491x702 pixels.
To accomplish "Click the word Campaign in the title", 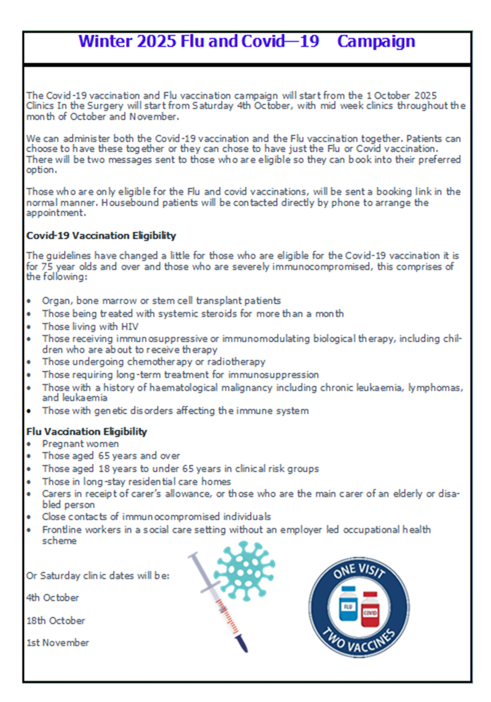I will point(376,41).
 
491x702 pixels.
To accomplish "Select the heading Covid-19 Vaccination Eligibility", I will point(101,236).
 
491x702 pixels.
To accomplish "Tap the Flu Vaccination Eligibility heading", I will point(87,431).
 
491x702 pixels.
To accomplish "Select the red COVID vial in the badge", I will point(370,609).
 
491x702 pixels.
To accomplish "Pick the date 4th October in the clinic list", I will point(53,598).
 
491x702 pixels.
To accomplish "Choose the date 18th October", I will point(56,621).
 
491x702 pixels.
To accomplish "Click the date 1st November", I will point(58,643).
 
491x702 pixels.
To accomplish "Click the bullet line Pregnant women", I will point(80,444).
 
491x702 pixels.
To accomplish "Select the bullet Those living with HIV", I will point(90,327).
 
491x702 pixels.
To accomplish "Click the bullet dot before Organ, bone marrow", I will point(29,301).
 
